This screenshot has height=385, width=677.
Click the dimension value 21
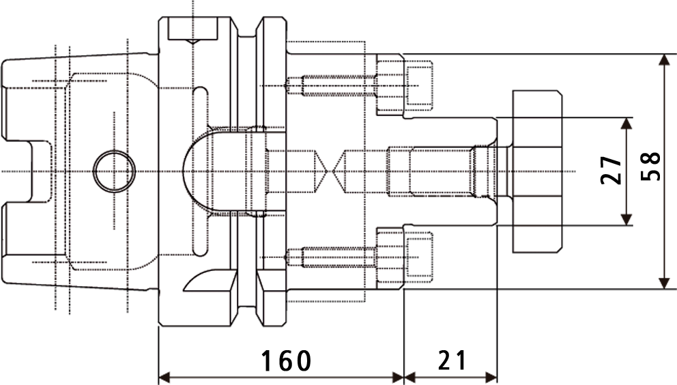pos(452,360)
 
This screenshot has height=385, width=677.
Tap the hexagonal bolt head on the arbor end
pos(538,170)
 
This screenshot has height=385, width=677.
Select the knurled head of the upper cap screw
pos(389,85)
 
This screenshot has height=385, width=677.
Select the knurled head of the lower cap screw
pos(389,257)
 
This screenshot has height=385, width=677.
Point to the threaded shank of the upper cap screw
pos(331,85)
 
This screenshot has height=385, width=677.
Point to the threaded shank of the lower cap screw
pos(331,257)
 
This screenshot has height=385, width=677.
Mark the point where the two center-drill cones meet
pos(332,170)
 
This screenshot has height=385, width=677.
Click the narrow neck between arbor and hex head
pos(504,170)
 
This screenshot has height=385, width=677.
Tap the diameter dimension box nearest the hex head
pos(603,170)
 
